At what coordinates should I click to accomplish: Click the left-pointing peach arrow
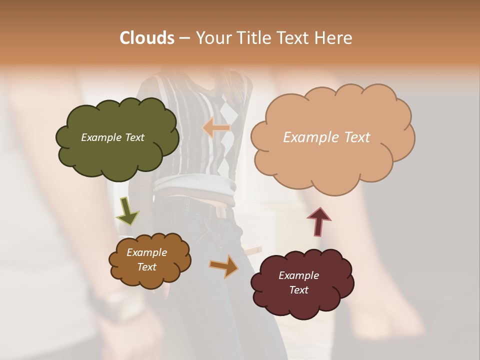[216, 128]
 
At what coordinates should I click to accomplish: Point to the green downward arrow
[127, 211]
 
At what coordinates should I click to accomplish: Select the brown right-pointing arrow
[224, 266]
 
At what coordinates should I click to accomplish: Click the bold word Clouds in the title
[146, 38]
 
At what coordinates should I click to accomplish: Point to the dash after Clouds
[184, 38]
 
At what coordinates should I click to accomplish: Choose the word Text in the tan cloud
[354, 137]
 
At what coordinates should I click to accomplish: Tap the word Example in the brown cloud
[147, 252]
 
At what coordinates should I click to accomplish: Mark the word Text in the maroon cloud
[299, 290]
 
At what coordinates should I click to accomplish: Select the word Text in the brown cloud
[147, 267]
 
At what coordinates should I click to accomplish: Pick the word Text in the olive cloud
[134, 137]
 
